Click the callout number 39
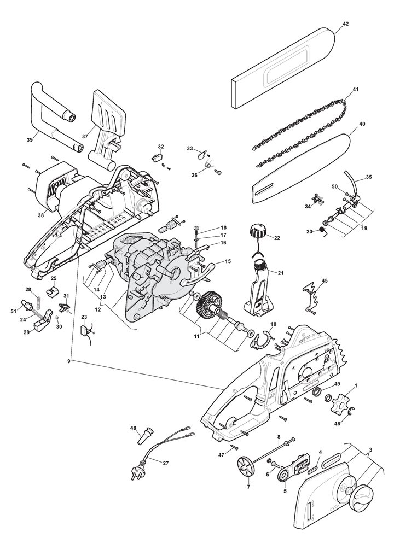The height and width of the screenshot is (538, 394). (x=30, y=140)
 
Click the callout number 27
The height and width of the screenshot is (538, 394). (x=166, y=462)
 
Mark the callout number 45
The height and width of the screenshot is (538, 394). (x=325, y=280)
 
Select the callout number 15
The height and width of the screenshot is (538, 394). (x=228, y=262)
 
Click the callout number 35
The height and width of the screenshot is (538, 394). (x=369, y=177)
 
